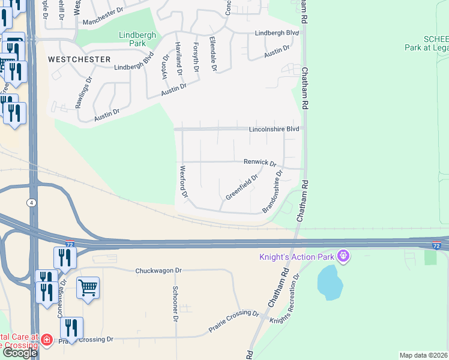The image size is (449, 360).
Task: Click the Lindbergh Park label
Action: [137, 40]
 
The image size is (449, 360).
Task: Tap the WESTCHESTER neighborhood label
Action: [79, 59]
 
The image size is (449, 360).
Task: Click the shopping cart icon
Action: [88, 289]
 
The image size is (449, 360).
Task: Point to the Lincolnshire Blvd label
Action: [274, 129]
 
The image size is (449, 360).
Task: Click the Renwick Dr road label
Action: [259, 162]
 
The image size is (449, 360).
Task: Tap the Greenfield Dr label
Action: [241, 187]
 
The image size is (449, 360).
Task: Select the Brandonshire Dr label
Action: [273, 192]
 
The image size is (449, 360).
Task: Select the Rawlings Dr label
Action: [83, 92]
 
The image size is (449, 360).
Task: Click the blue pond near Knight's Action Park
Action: [330, 283]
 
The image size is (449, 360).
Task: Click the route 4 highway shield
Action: [30, 203]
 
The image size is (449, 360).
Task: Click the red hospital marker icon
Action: [47, 340]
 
